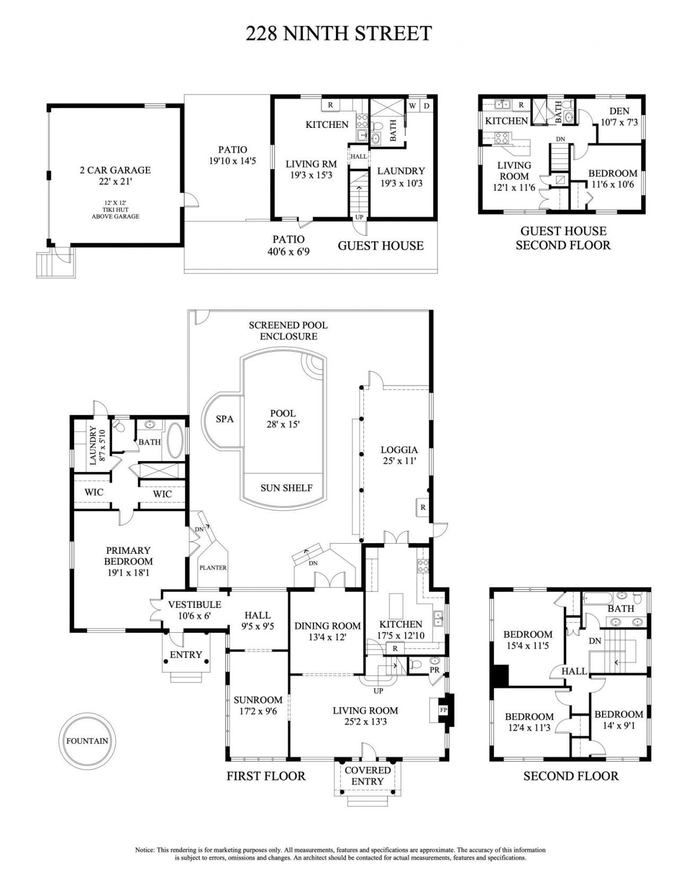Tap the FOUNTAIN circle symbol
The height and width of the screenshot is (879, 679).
tap(87, 741)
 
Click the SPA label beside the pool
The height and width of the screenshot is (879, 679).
tap(224, 419)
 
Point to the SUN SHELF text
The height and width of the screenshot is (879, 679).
tap(286, 488)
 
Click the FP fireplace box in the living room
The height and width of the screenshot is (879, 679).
tap(443, 709)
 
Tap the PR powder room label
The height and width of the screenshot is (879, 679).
tap(434, 671)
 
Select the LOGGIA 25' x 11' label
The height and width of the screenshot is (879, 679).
tap(400, 455)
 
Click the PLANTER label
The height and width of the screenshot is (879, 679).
tap(213, 568)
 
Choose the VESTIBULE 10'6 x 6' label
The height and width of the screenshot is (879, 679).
tap(194, 610)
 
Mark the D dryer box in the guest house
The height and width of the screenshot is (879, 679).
tap(426, 106)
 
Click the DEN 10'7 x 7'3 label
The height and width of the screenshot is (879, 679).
tap(619, 116)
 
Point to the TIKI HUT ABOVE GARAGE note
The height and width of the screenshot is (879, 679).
tap(115, 210)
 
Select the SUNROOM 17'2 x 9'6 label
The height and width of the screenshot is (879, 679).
tap(258, 706)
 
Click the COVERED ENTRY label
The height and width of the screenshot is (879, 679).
tap(368, 776)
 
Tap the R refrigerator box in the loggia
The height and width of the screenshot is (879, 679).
tap(423, 507)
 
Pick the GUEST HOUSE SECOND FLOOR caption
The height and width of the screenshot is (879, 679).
tap(563, 238)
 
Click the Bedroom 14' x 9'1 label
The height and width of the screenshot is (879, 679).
tap(619, 720)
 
